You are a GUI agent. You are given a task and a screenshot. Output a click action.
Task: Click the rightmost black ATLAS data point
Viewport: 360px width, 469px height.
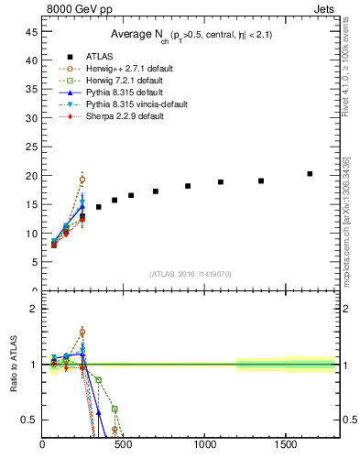(x=310, y=173)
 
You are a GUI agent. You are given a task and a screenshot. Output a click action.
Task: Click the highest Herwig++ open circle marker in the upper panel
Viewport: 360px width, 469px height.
(x=82, y=180)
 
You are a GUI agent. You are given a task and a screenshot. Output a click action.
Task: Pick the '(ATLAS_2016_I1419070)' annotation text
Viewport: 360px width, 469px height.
(x=190, y=274)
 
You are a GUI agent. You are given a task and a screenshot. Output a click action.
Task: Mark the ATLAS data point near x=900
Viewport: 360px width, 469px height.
(x=188, y=186)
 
